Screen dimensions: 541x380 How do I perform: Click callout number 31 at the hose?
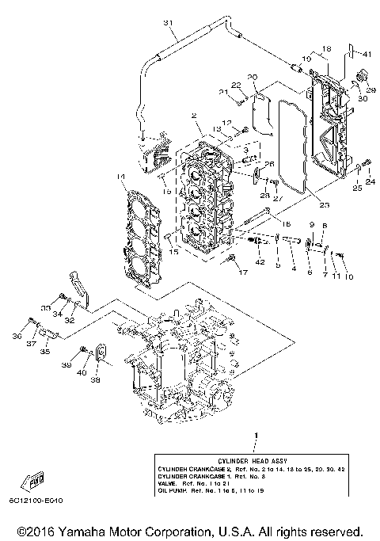point(167,22)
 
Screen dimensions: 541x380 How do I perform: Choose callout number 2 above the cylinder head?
point(194,116)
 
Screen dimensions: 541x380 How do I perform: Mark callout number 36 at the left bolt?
point(17,336)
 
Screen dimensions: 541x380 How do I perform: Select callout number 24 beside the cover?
point(370,182)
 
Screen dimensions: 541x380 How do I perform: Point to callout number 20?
point(253,77)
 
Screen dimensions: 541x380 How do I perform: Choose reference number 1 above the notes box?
point(255,436)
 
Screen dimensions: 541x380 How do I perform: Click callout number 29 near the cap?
point(372,90)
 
